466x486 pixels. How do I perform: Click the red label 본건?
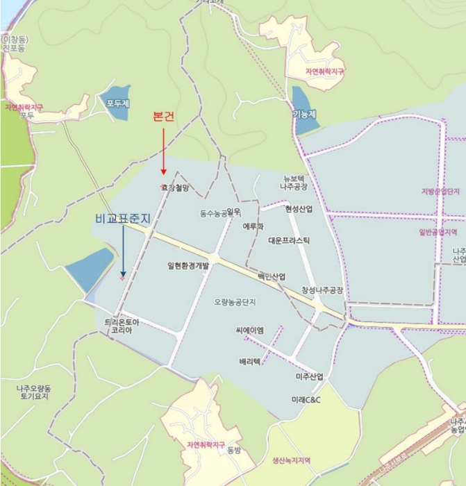coord(163,117)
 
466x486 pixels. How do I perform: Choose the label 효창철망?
coord(175,187)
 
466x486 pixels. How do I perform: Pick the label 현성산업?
coord(299,208)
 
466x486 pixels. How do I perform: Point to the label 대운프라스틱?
coord(289,240)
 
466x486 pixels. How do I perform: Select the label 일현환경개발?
coord(188,265)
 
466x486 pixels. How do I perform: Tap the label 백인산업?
coord(272,276)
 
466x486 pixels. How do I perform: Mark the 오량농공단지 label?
coord(235,302)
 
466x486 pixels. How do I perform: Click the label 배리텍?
coord(250,362)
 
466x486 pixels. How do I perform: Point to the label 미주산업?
coord(309,376)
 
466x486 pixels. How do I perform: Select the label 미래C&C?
coord(306,401)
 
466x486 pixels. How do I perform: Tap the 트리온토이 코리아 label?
coord(122,326)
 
